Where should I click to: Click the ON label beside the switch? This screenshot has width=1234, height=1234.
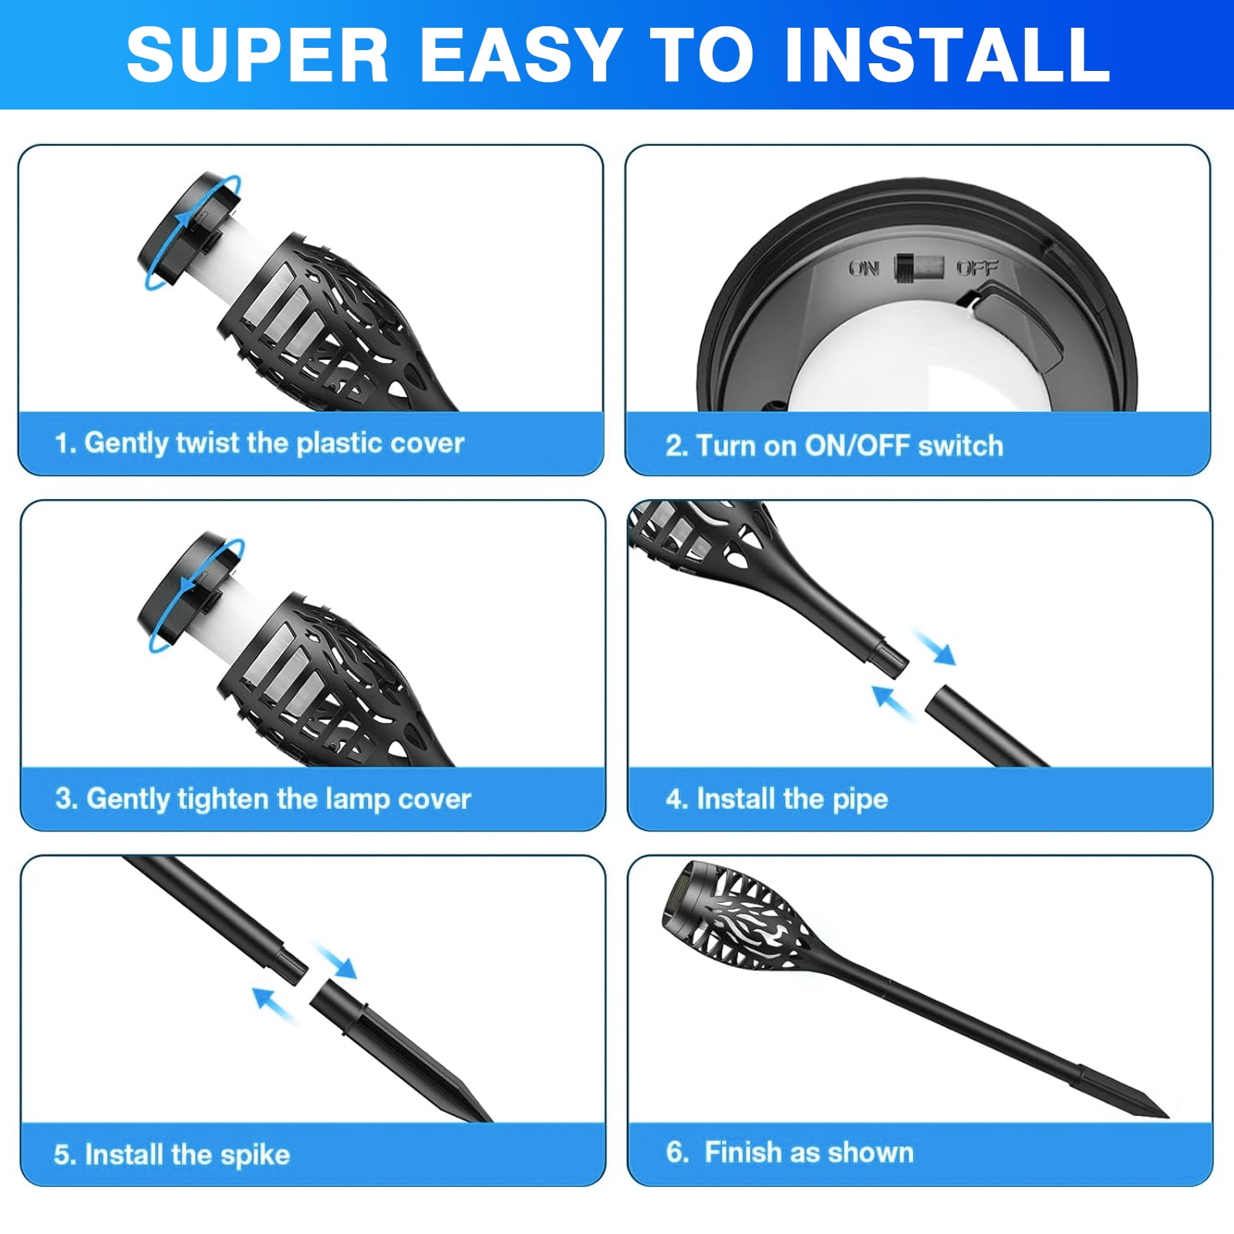click(x=864, y=268)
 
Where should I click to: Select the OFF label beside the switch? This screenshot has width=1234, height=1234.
click(x=977, y=268)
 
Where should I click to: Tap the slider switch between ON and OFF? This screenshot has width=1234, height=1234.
click(x=919, y=268)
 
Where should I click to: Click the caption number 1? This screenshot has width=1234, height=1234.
click(x=63, y=443)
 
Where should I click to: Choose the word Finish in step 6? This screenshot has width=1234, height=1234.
click(x=741, y=1152)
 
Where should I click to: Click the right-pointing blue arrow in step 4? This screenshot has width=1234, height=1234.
click(x=934, y=646)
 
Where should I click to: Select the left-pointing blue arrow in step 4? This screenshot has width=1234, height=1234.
click(x=892, y=701)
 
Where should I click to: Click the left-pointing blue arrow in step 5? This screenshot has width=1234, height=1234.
click(x=274, y=1004)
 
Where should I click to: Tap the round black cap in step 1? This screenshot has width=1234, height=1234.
click(x=187, y=230)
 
